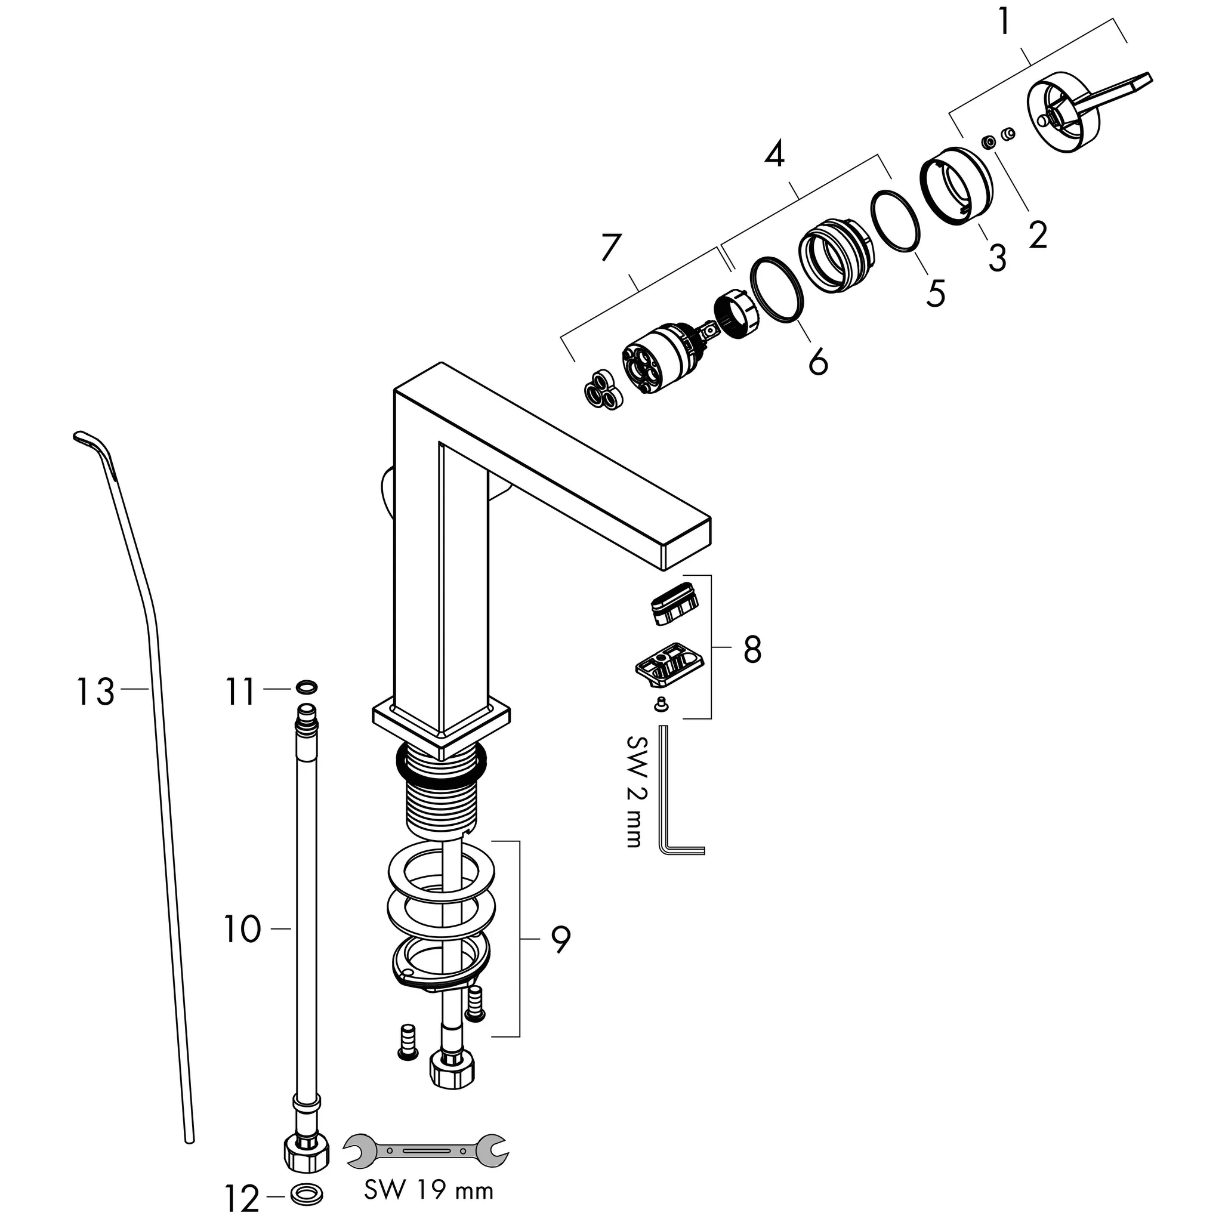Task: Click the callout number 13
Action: (95, 692)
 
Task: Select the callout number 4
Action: (775, 154)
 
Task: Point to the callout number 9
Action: (560, 940)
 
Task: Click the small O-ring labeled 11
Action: (306, 686)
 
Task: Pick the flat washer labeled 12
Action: (307, 1194)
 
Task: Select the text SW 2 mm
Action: (633, 791)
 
